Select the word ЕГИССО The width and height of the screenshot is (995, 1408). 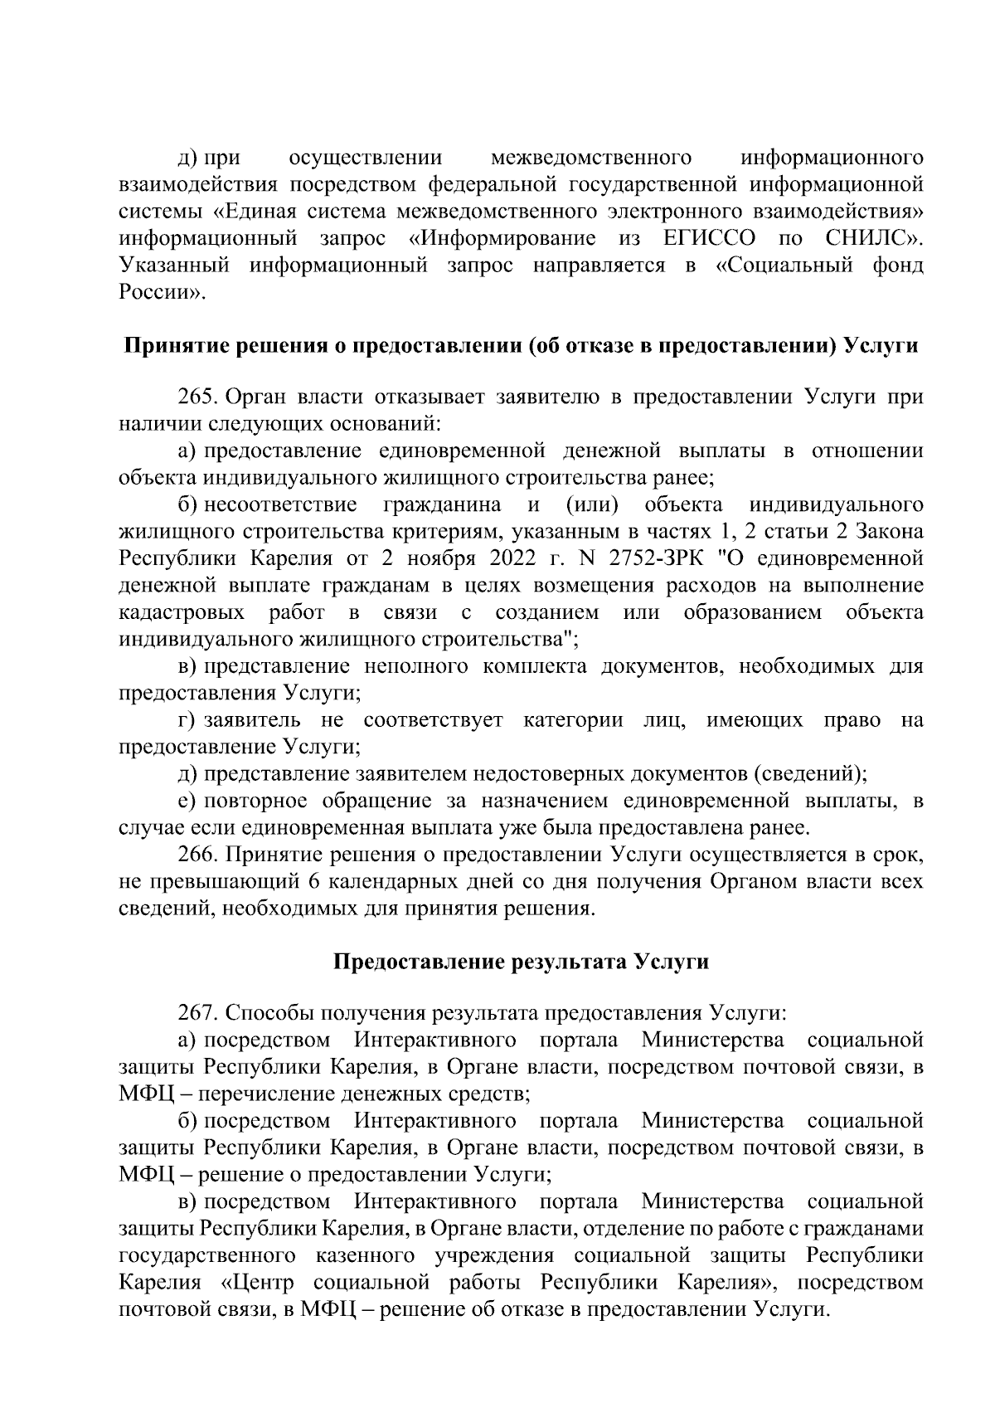pos(710,239)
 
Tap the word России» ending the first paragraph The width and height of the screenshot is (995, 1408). pos(162,293)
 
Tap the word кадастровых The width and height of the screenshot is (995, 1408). pos(182,612)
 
